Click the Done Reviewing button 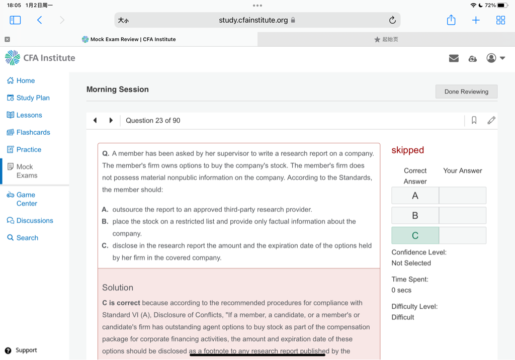(x=466, y=92)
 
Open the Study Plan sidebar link (x=33, y=98)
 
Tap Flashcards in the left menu (x=33, y=132)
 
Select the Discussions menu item (x=34, y=220)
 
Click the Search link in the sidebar (x=27, y=238)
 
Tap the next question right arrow (x=111, y=120)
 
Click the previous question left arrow (x=95, y=120)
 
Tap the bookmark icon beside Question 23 (x=474, y=120)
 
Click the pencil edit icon (x=491, y=120)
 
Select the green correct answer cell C (x=415, y=235)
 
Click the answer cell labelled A (x=415, y=196)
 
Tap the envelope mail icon (x=454, y=58)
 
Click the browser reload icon (x=392, y=20)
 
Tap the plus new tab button (x=476, y=20)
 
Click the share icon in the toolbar (x=451, y=20)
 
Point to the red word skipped (x=407, y=150)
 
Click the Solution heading (x=118, y=288)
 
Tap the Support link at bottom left (x=26, y=350)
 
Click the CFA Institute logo (x=40, y=58)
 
